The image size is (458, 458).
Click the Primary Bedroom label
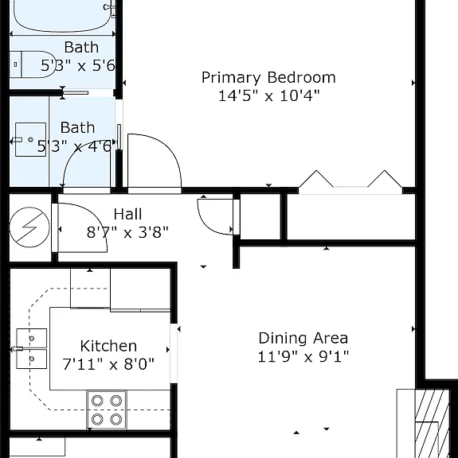(x=268, y=78)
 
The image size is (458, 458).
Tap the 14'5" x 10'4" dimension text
(x=269, y=95)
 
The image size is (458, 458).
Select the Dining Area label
(x=303, y=338)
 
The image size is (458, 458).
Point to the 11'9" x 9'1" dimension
(x=303, y=356)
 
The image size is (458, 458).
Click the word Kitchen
(x=108, y=346)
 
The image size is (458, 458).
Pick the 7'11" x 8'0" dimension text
(x=108, y=364)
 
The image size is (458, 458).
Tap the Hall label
(x=127, y=214)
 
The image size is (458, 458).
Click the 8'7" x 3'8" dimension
(x=127, y=232)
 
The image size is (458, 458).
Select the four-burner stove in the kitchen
(x=107, y=409)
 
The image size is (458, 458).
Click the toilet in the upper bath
(x=32, y=64)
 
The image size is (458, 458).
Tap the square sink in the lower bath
(x=30, y=140)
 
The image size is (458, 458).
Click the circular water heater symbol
(x=29, y=227)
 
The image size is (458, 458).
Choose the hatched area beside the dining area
(x=432, y=424)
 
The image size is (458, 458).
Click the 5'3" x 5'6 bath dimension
(x=78, y=65)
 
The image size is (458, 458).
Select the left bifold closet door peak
(x=316, y=171)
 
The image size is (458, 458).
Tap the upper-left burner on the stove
(x=97, y=401)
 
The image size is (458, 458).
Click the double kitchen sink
(x=31, y=348)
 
